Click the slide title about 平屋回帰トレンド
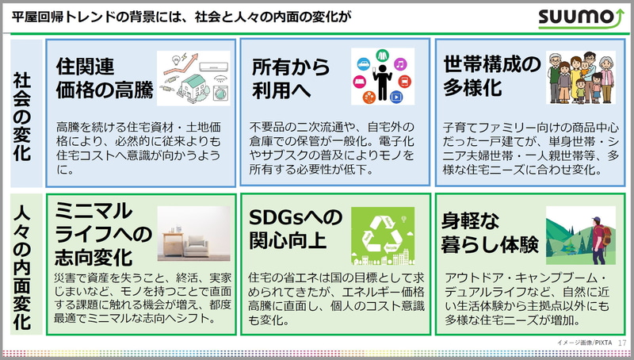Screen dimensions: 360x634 pos(182,16)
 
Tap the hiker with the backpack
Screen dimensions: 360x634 pos(597,235)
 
